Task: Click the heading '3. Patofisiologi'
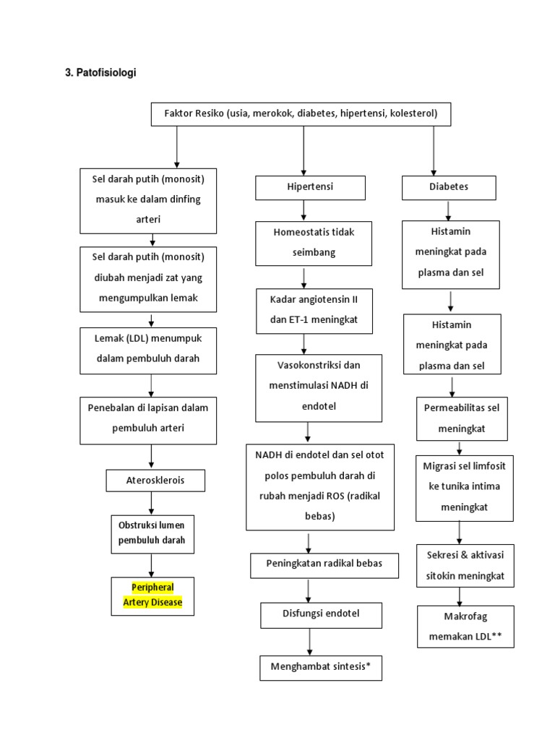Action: [100, 73]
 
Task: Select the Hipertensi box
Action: [310, 187]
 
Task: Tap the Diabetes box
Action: [449, 187]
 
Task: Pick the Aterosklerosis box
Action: [155, 481]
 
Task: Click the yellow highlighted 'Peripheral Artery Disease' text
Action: [152, 595]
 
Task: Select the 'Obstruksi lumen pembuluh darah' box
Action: [152, 532]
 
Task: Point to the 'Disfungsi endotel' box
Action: [310, 614]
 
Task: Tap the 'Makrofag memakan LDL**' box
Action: [465, 627]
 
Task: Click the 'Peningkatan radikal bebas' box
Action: [324, 564]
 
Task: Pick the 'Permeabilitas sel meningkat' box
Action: [461, 418]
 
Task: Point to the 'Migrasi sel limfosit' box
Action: [465, 486]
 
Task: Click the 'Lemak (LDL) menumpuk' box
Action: [148, 350]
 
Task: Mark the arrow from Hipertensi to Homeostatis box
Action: [304, 210]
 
